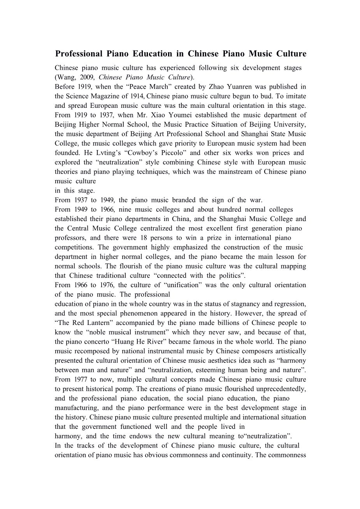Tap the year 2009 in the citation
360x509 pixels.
86,77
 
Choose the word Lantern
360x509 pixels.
104,323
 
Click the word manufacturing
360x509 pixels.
76,408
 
